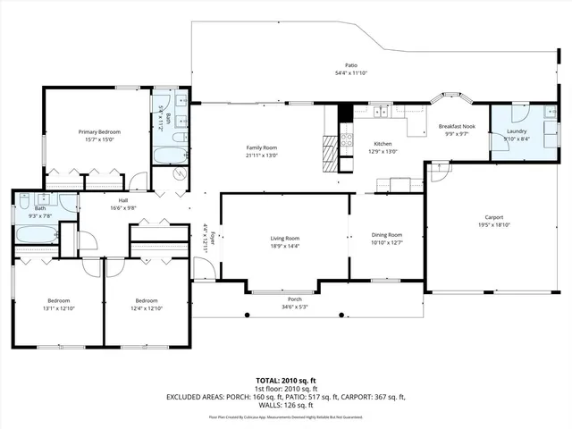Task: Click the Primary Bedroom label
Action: pyautogui.click(x=98, y=131)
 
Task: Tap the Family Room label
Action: pyautogui.click(x=263, y=147)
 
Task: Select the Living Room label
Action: pyautogui.click(x=285, y=239)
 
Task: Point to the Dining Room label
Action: pyautogui.click(x=387, y=234)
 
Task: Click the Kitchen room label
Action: pyautogui.click(x=383, y=144)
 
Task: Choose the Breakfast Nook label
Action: pyautogui.click(x=454, y=127)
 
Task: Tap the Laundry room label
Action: pyautogui.click(x=517, y=130)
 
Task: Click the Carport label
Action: pyautogui.click(x=493, y=217)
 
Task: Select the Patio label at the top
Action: pyautogui.click(x=352, y=65)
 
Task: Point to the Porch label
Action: pyautogui.click(x=294, y=299)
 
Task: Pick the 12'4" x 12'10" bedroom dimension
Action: pyautogui.click(x=146, y=308)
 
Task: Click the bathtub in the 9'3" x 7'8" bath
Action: pyautogui.click(x=34, y=236)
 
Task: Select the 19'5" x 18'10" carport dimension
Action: pyautogui.click(x=493, y=225)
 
